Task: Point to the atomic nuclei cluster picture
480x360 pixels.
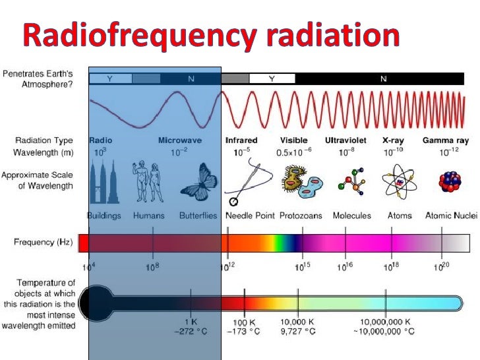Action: click(x=451, y=184)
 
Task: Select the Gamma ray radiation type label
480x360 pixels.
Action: click(x=445, y=140)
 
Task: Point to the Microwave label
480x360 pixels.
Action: click(x=179, y=140)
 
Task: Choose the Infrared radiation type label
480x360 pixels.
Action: click(x=241, y=140)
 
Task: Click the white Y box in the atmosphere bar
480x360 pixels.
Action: click(x=272, y=78)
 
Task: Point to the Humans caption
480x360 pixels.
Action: click(x=148, y=216)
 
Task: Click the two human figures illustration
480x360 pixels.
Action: click(x=149, y=182)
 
